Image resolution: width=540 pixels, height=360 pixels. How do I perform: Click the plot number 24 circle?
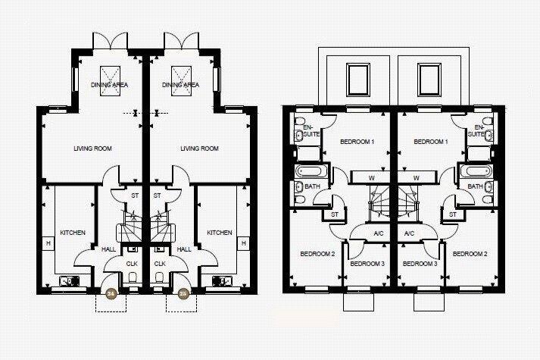pos(111,293)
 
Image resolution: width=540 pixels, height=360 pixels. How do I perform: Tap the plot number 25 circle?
pos(183,293)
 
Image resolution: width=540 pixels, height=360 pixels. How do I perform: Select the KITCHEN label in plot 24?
pos(73,233)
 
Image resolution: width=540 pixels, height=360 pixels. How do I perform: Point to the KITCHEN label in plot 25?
pos(220,233)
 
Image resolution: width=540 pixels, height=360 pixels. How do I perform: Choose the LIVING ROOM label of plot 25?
pos(200,149)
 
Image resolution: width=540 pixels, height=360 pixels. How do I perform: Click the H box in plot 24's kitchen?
pos(48,243)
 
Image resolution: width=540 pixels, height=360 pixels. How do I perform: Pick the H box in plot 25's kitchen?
pos(245,243)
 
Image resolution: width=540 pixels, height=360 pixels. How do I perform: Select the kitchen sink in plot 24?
pos(68,281)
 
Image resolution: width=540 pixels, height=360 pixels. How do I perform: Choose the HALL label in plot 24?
pos(109,249)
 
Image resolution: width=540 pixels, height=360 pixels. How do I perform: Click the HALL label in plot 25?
pos(184,249)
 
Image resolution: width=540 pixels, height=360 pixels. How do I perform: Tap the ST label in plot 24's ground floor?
pos(135,196)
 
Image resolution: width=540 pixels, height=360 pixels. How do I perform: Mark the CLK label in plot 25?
pos(160,264)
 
